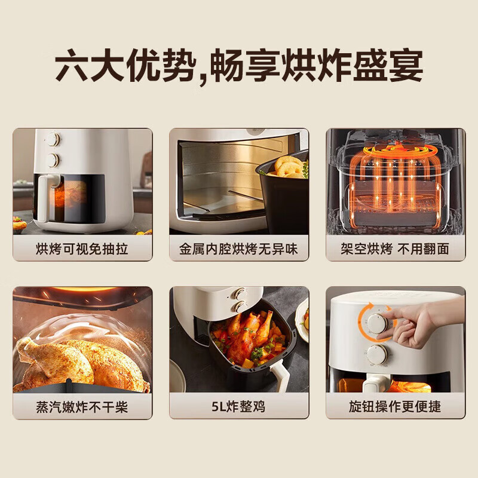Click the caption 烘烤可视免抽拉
[x=82, y=249]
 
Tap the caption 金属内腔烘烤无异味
[x=239, y=249]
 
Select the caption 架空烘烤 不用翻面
[x=395, y=249]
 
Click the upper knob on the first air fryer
[x=53, y=140]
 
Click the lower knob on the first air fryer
[x=53, y=160]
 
